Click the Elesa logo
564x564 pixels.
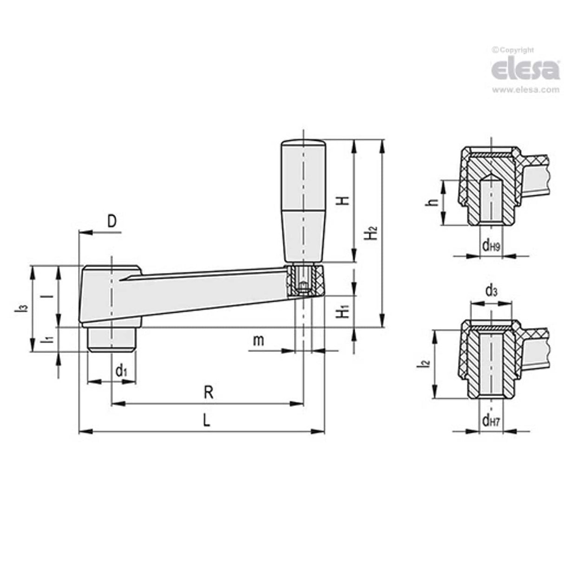coord(525,71)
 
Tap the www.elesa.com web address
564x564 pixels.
coord(525,90)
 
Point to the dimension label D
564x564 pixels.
coord(112,222)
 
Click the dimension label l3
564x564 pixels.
coord(18,308)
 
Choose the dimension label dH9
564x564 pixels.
coord(491,246)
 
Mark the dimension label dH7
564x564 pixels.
coord(491,421)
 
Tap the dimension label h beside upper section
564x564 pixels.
coord(433,202)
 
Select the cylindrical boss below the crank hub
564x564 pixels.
coord(111,339)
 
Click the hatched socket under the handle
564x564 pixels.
coord(304,280)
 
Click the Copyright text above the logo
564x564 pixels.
coord(513,50)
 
